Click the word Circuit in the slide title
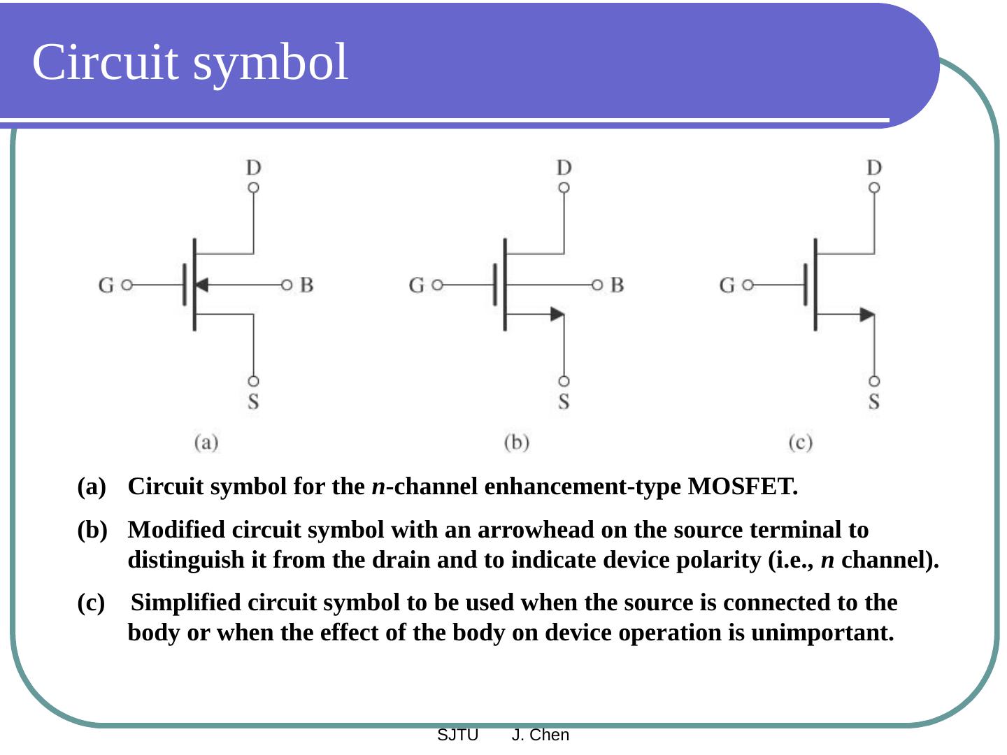click(x=105, y=62)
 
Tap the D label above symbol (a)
click(x=253, y=168)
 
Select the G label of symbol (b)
click(x=417, y=285)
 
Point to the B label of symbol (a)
click(x=306, y=285)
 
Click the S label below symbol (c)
click(x=873, y=401)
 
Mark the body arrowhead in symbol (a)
click(x=201, y=285)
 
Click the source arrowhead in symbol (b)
click(x=557, y=315)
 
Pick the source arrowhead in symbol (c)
click(x=867, y=315)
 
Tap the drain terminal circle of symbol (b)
click(x=564, y=187)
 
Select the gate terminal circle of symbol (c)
click(x=748, y=285)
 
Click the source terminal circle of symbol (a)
click(x=253, y=381)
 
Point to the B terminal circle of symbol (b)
click(x=597, y=285)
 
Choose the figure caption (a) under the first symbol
click(x=206, y=443)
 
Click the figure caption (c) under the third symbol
click(x=800, y=443)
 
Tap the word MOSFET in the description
click(x=743, y=487)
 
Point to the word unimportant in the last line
click(x=822, y=633)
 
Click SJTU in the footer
click(x=457, y=735)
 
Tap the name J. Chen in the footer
click(x=541, y=735)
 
